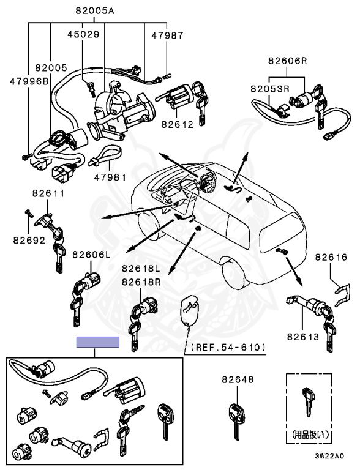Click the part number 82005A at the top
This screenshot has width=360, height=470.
(95, 11)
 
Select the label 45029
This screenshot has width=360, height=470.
(83, 34)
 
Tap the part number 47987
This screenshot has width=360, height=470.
(167, 35)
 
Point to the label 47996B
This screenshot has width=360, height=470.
(29, 81)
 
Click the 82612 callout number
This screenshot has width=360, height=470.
(178, 124)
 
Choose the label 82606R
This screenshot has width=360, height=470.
(287, 61)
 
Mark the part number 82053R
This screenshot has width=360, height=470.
(270, 89)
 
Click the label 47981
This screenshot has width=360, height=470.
(110, 177)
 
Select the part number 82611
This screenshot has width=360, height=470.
(48, 193)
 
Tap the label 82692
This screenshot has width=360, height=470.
(29, 240)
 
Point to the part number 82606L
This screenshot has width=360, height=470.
(91, 255)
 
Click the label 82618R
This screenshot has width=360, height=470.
(141, 282)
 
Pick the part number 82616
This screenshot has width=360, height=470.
(331, 257)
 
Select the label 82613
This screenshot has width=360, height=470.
(302, 337)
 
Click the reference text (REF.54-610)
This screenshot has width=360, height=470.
(228, 348)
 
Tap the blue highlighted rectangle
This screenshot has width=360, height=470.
(98, 342)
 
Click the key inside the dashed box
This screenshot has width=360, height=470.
(309, 402)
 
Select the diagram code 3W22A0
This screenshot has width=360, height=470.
(329, 456)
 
